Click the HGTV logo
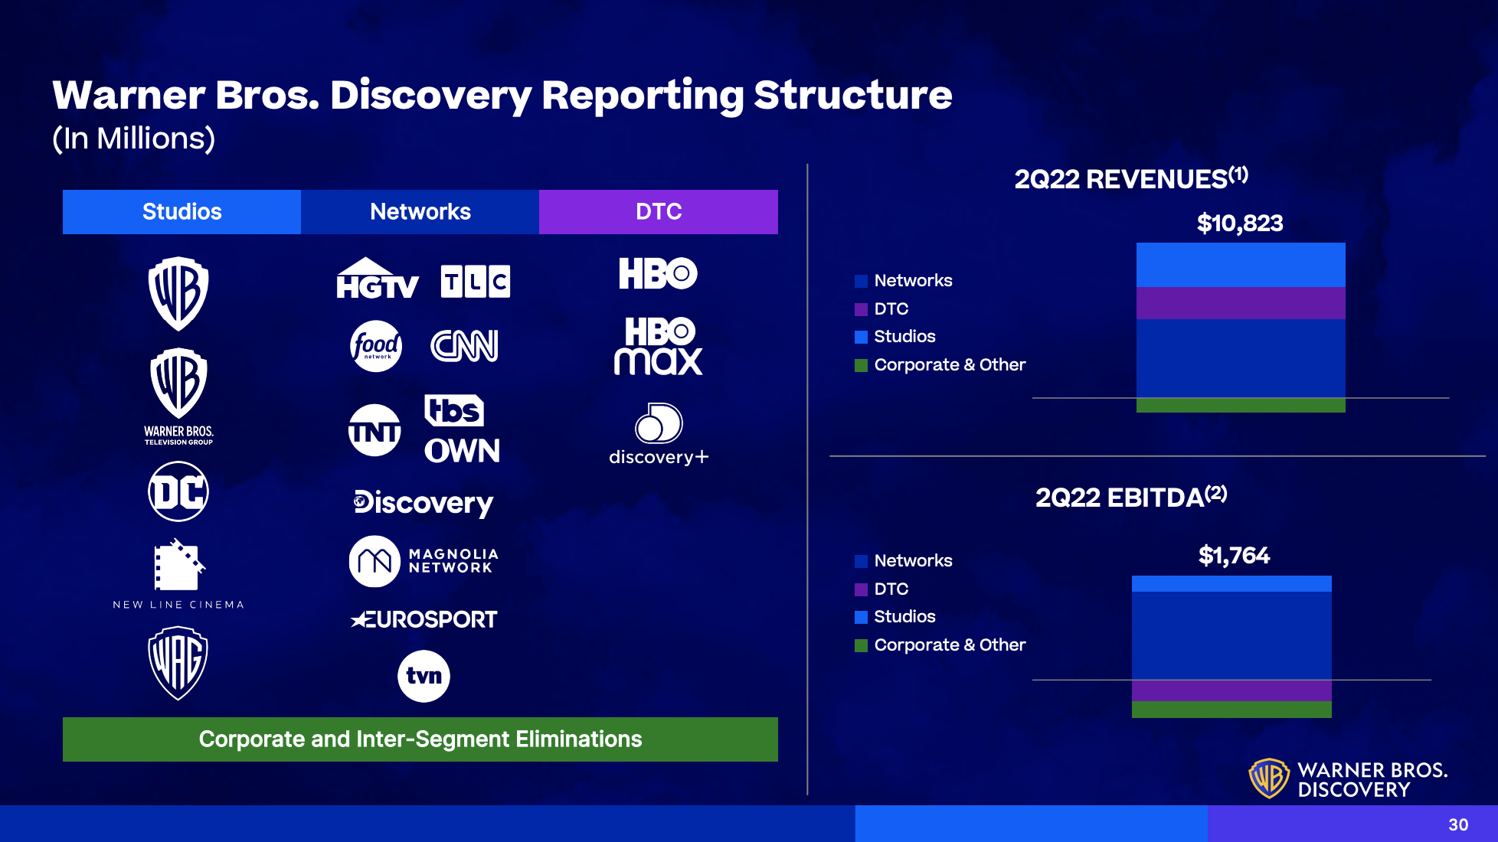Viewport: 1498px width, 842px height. pyautogui.click(x=378, y=278)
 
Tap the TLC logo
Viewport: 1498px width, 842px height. pyautogui.click(x=476, y=281)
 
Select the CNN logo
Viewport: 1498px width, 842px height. pyautogui.click(x=465, y=346)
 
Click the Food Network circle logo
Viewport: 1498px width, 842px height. pyautogui.click(x=375, y=346)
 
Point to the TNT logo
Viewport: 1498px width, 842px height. pyautogui.click(x=374, y=430)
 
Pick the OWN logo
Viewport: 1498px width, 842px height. pyautogui.click(x=462, y=451)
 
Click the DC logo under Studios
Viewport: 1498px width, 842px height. pyautogui.click(x=178, y=491)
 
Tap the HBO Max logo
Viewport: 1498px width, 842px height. pyautogui.click(x=659, y=346)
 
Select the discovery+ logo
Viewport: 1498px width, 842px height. pyautogui.click(x=659, y=434)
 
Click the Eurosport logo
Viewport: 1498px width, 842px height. pyautogui.click(x=424, y=619)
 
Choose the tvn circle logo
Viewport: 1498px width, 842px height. pyautogui.click(x=424, y=676)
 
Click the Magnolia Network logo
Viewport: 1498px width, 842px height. pyautogui.click(x=424, y=561)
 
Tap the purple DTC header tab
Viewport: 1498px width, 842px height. pyautogui.click(x=659, y=212)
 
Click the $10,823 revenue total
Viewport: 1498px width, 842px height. pyautogui.click(x=1240, y=224)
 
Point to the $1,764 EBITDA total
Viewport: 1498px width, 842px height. pyautogui.click(x=1234, y=556)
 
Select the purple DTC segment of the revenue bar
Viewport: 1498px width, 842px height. pyautogui.click(x=1241, y=303)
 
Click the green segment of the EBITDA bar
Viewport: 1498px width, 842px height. pyautogui.click(x=1231, y=710)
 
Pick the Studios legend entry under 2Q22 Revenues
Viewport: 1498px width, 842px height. pyautogui.click(x=895, y=337)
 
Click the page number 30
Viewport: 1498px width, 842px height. pyautogui.click(x=1458, y=824)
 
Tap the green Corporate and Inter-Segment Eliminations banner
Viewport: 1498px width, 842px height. pyautogui.click(x=420, y=739)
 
